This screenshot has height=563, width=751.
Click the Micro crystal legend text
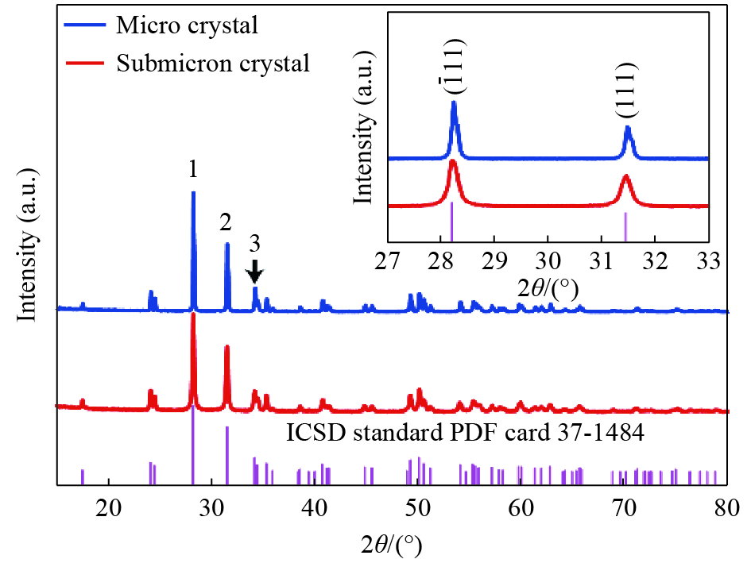click(187, 25)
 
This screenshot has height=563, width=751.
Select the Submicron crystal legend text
click(212, 63)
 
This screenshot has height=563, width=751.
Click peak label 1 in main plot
click(192, 169)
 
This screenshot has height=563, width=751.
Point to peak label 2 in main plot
click(226, 222)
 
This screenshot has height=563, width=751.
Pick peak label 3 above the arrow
click(254, 243)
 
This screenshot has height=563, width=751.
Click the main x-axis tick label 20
click(107, 506)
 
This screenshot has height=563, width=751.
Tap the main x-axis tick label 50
click(418, 506)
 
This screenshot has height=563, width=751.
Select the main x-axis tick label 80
click(727, 506)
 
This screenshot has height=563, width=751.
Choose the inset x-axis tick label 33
click(706, 260)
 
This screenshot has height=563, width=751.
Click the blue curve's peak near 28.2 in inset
click(454, 103)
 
